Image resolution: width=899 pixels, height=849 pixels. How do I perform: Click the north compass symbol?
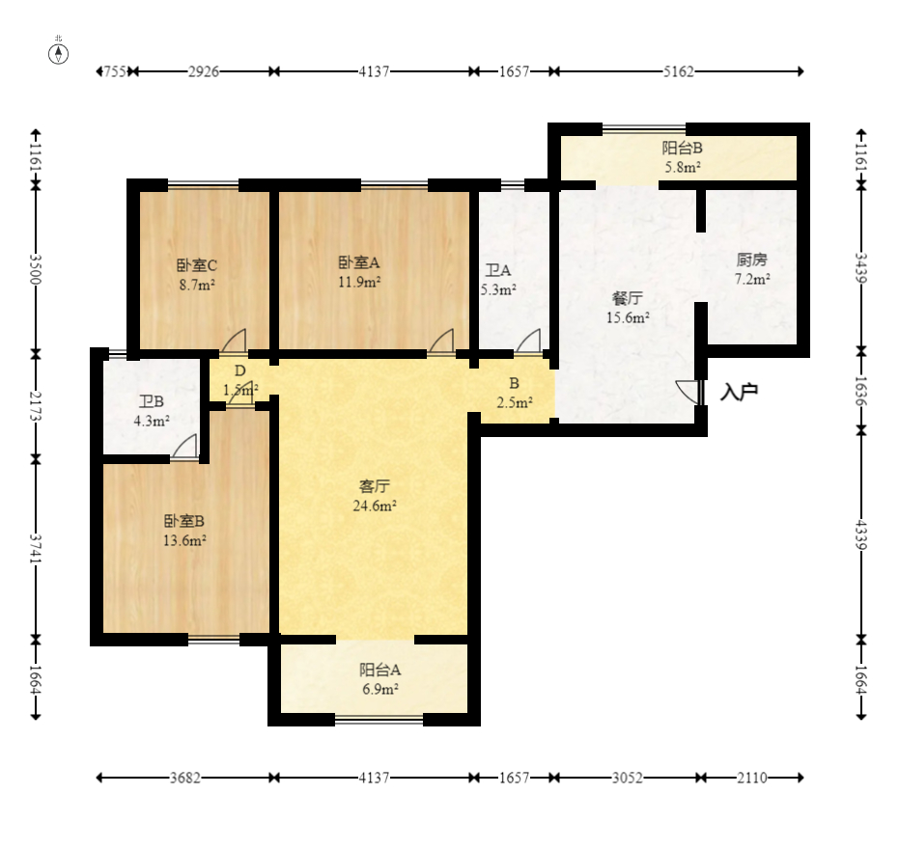(59, 53)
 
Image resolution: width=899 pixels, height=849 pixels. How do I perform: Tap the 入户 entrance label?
(740, 392)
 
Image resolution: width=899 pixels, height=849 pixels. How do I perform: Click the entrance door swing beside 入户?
(688, 393)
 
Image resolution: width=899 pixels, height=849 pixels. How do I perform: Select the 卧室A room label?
(359, 262)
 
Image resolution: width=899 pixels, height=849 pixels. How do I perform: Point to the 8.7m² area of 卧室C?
(197, 285)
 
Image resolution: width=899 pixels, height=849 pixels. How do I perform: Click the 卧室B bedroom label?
(184, 521)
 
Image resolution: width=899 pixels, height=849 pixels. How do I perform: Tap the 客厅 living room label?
(375, 486)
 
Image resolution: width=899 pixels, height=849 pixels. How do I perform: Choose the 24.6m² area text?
(375, 506)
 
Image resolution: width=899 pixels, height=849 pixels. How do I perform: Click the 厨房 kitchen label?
(751, 260)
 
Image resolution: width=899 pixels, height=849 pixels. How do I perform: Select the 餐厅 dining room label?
(628, 298)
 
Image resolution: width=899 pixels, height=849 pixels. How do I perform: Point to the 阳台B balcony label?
(683, 148)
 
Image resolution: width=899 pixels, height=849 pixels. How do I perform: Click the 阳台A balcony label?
(380, 670)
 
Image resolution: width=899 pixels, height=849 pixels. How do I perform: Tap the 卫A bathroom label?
(497, 270)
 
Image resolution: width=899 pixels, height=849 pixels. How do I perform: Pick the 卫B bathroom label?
(152, 401)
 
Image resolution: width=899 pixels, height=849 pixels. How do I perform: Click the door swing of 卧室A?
(441, 341)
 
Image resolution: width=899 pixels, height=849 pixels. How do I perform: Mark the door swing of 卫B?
(184, 447)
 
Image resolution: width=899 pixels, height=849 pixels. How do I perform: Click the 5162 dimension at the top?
(679, 71)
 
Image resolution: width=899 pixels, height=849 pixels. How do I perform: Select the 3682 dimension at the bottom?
(185, 778)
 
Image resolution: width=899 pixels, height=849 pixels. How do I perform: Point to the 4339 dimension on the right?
(861, 534)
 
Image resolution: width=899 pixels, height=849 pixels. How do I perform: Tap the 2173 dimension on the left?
(36, 405)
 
